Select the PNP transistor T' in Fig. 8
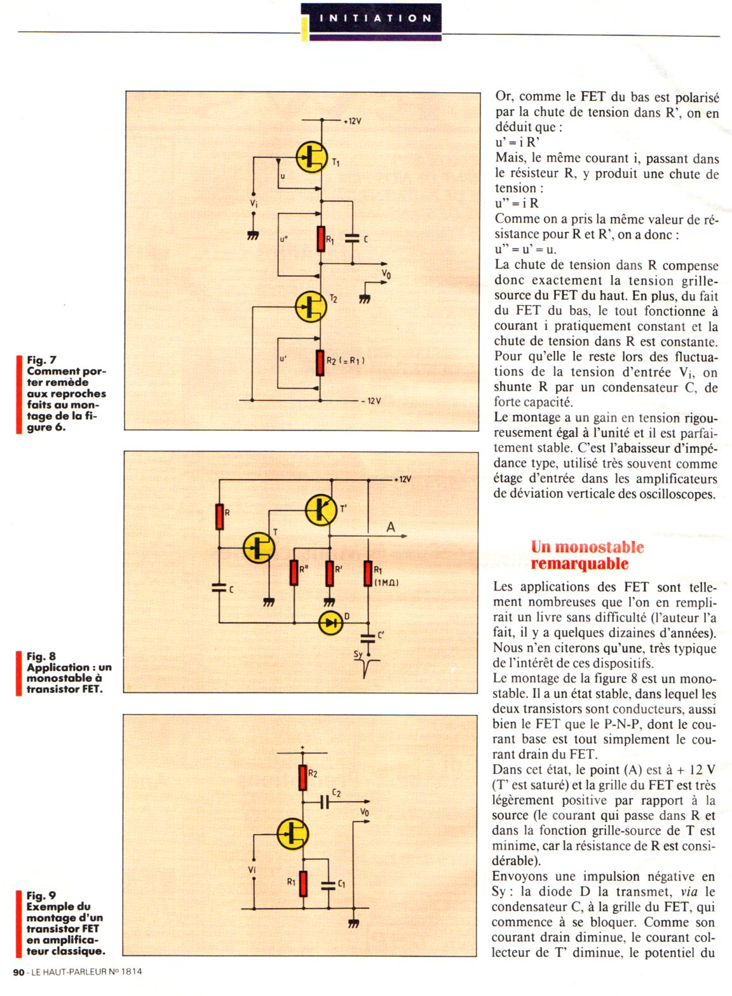[x=322, y=509]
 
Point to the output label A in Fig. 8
[x=391, y=527]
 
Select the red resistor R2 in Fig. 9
[x=303, y=776]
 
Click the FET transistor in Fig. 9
[x=293, y=833]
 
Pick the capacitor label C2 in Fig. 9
[x=337, y=793]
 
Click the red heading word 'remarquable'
[x=579, y=563]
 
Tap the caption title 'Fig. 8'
[x=41, y=656]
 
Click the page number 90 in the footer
[x=18, y=971]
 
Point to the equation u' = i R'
[x=517, y=143]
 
